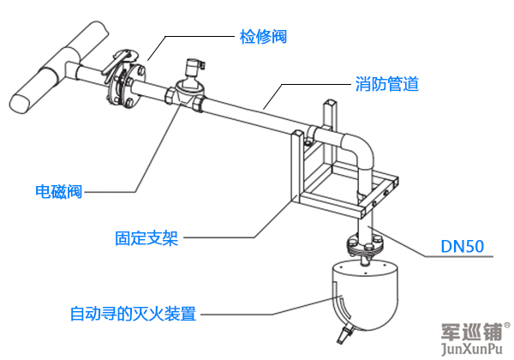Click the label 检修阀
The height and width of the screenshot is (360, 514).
[261, 37]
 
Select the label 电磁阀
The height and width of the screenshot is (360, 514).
[58, 191]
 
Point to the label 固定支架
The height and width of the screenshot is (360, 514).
[146, 237]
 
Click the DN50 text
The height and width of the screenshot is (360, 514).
[463, 247]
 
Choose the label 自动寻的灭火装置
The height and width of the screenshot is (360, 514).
[133, 314]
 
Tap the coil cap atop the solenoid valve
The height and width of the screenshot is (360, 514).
[194, 65]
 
